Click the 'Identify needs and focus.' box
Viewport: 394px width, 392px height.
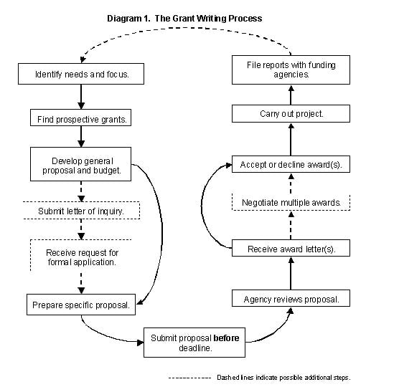81,74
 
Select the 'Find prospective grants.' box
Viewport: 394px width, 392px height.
80,118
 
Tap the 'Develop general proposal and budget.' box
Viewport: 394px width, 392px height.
80,164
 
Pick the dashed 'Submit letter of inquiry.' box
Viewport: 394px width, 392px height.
81,210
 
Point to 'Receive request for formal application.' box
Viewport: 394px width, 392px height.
81,255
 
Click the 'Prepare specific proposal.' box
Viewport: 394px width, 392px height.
81,305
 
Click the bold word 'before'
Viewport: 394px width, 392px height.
226,338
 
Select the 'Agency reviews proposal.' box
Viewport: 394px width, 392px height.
291,298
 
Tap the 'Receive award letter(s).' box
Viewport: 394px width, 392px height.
291,248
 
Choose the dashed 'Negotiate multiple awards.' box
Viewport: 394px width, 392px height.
291,202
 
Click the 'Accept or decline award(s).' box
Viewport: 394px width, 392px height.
291,164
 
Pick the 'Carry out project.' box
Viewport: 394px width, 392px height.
291,114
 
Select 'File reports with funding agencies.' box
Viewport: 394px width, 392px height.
291,70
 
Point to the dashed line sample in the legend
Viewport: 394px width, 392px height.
189,378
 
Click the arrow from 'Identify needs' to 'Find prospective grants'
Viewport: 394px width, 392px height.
81,97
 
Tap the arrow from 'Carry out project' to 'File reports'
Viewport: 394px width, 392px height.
291,95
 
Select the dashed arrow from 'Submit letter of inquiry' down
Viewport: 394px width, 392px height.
81,229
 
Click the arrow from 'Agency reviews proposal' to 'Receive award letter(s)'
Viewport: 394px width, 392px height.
291,274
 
